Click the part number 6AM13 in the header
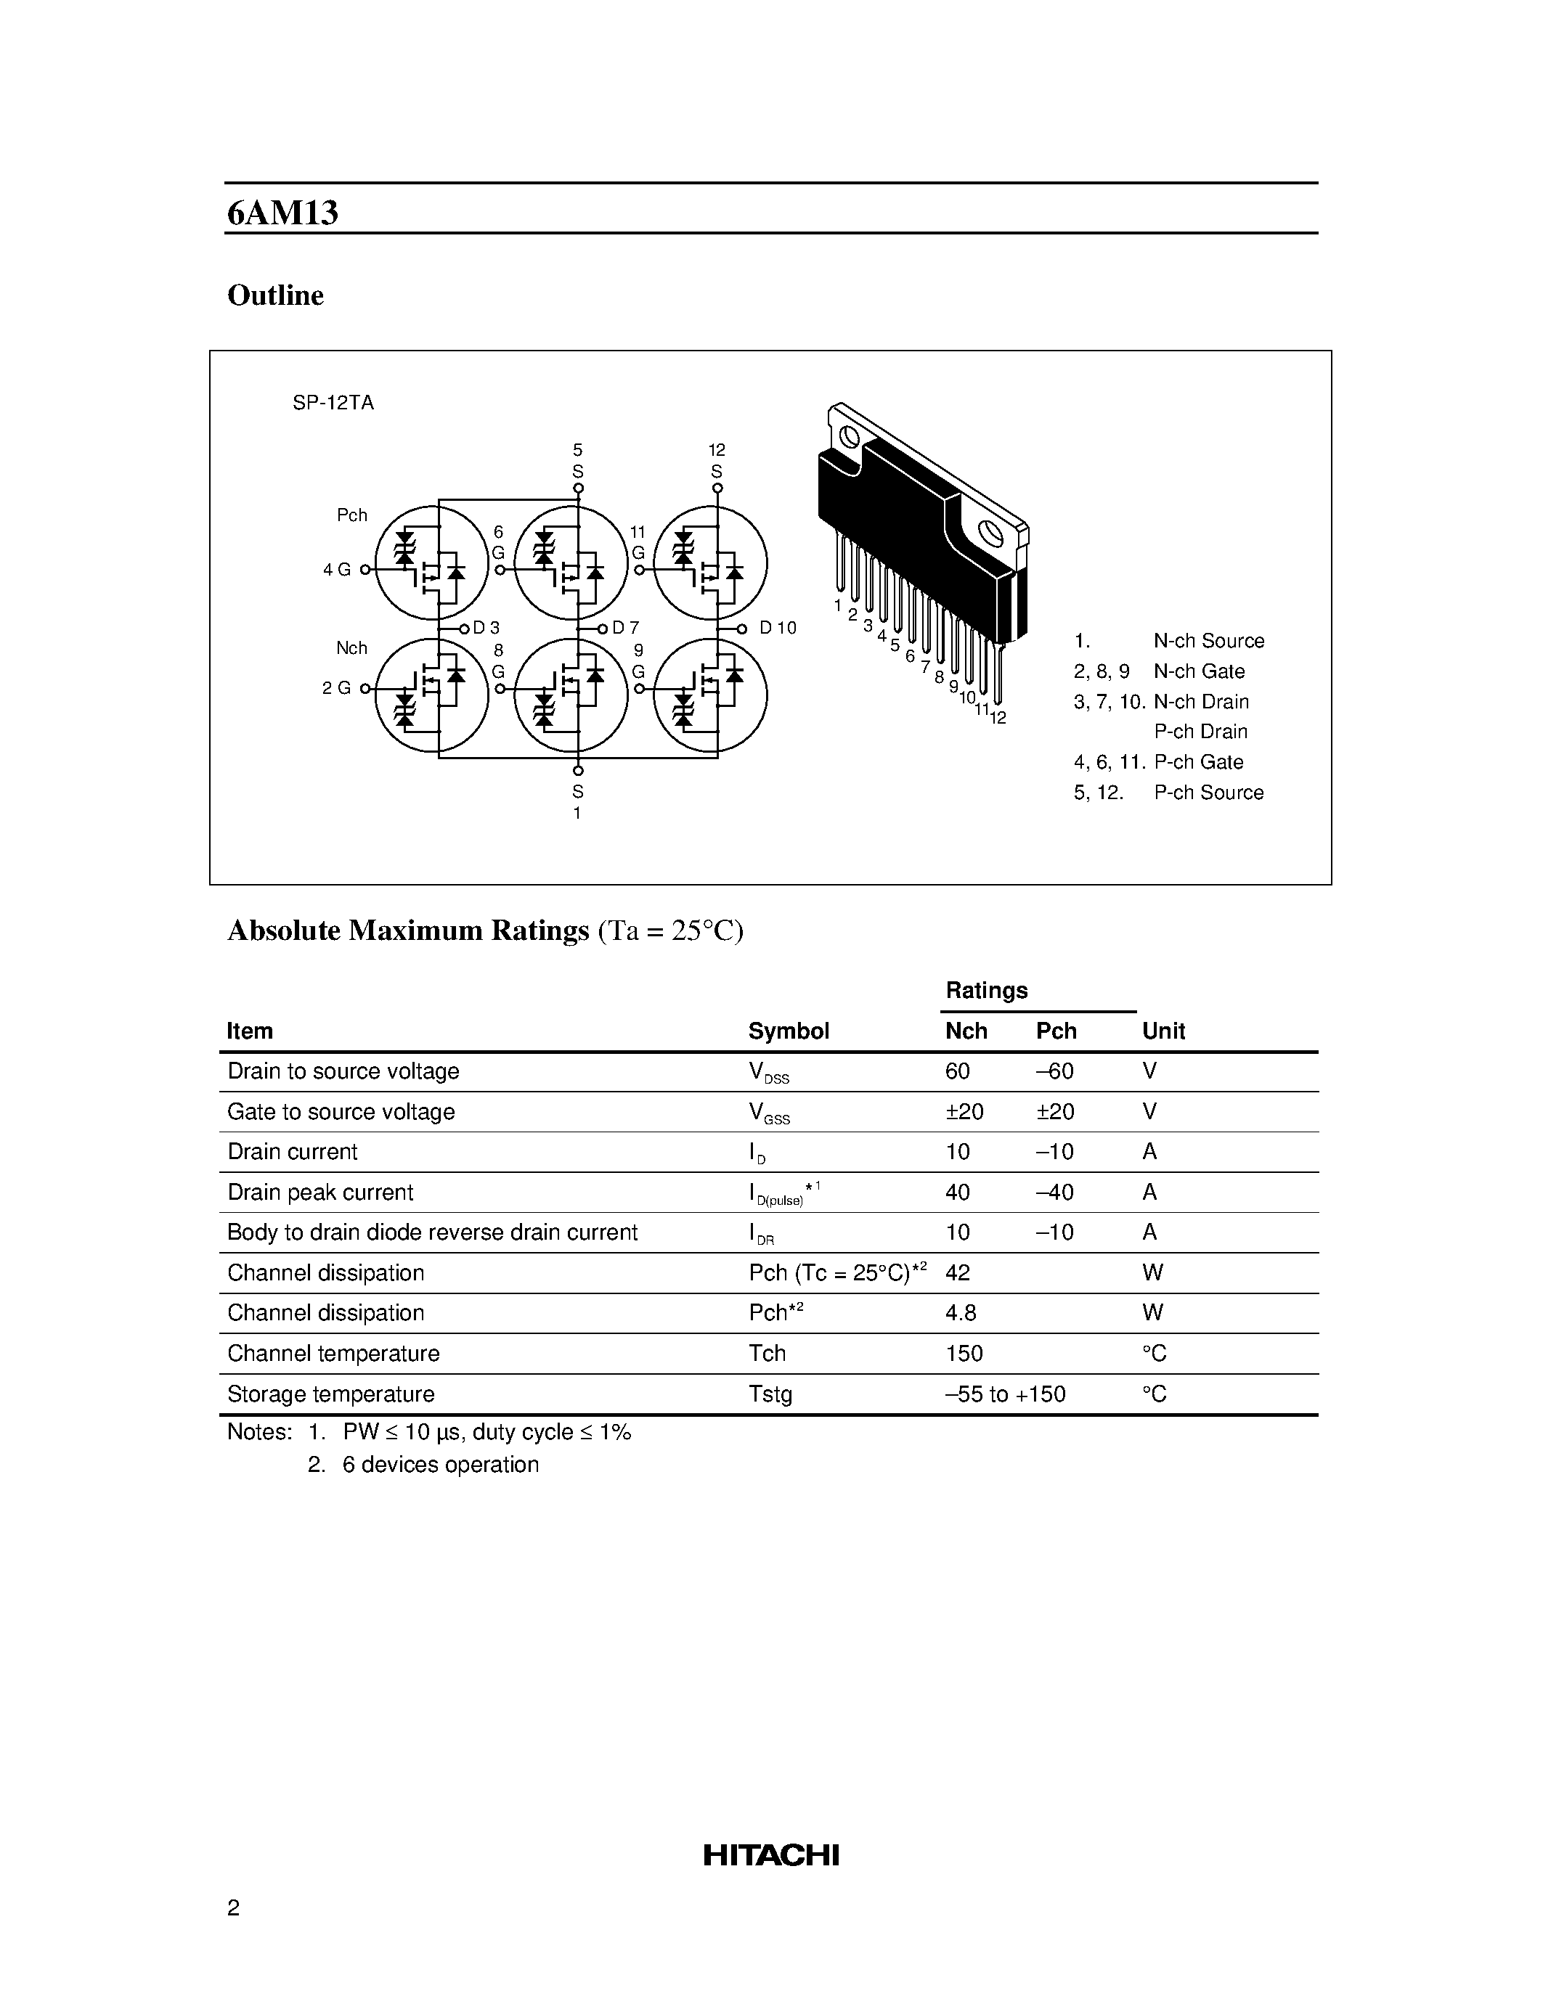click(x=282, y=213)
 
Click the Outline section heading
click(x=275, y=295)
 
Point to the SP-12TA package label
click(x=333, y=403)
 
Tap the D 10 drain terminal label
click(x=777, y=628)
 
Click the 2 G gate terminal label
click(x=336, y=688)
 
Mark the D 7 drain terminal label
click(x=625, y=628)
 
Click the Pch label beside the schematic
click(x=352, y=515)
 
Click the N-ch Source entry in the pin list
click(x=1208, y=641)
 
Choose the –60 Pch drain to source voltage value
click(x=1054, y=1071)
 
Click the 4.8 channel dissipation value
click(x=961, y=1313)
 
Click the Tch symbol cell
click(x=767, y=1354)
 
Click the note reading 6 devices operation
click(x=440, y=1465)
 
